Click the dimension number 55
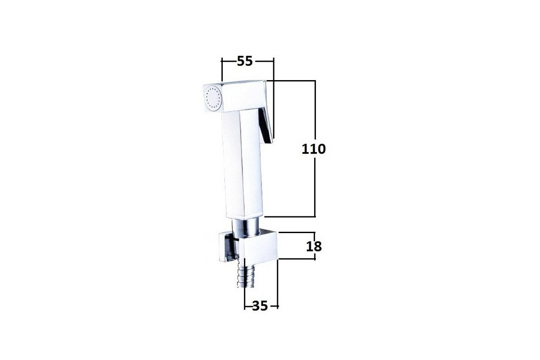245,61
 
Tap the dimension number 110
314,149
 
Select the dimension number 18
314,246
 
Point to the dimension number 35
260,306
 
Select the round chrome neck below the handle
246,227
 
